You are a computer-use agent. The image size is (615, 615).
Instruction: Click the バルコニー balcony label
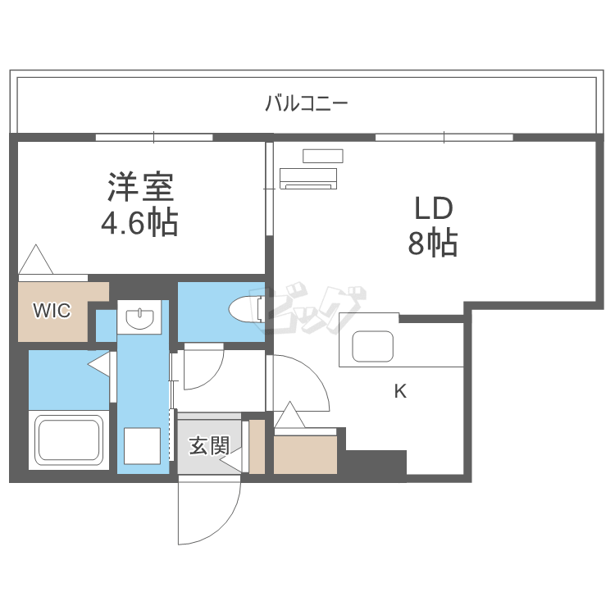(x=307, y=103)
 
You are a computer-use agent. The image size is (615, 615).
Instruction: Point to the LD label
(x=432, y=209)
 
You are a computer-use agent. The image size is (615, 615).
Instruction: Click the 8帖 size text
(x=432, y=244)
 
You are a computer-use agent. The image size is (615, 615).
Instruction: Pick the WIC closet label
(x=52, y=310)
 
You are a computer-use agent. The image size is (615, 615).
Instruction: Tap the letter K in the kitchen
(x=400, y=391)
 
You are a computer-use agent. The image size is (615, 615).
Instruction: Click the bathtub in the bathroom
(x=69, y=440)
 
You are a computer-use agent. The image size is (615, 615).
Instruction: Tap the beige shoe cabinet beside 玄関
(x=257, y=446)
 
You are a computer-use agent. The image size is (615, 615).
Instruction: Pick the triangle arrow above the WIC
(x=36, y=260)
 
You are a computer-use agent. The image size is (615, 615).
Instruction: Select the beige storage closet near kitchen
(x=306, y=454)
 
